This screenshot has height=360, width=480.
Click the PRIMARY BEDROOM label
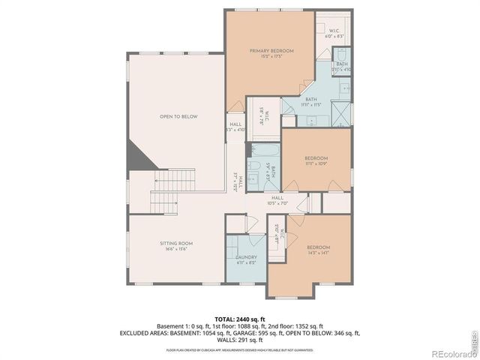coord(271,50)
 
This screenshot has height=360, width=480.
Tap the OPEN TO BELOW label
coord(178,116)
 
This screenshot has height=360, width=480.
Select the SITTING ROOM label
coord(176,243)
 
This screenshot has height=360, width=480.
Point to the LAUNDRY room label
coord(247,256)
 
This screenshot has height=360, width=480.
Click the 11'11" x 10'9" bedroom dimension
coord(316,163)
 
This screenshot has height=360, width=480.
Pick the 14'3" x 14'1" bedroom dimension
coord(317,253)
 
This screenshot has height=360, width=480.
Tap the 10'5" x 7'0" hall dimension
coord(277,203)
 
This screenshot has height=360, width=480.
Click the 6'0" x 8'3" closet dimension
coord(333,36)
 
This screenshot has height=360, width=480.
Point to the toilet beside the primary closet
coord(339,54)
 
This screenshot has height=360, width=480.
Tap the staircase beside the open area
coord(172,181)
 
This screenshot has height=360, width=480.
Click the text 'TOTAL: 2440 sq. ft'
coord(239,319)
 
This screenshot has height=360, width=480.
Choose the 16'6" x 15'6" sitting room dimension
coord(176,250)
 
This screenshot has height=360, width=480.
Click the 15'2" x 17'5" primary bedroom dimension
coord(271,57)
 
